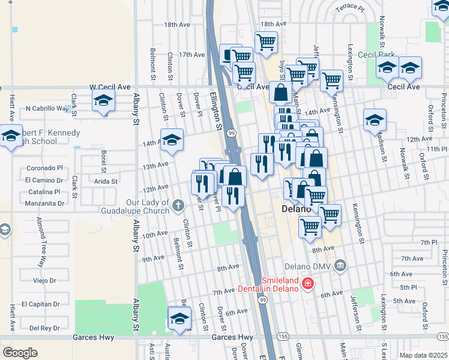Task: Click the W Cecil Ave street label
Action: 110,87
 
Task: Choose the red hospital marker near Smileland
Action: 307,283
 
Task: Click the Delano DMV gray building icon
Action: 340,265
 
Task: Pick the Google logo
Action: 20,353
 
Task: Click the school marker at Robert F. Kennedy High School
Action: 10,136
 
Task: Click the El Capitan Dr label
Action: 42,304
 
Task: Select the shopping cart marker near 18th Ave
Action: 266,42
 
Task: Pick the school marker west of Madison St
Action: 375,120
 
